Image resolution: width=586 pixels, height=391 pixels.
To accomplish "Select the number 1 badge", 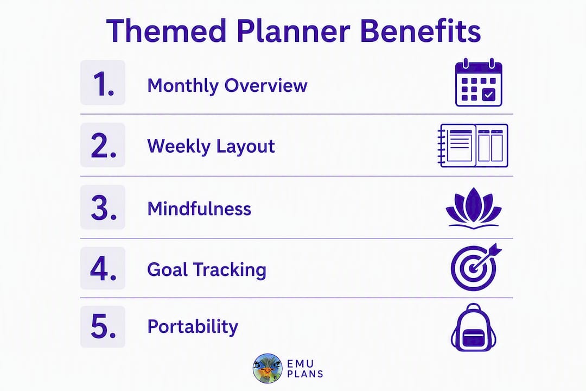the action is tap(103, 83).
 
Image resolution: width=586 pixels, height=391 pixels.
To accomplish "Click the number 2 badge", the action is tap(103, 145).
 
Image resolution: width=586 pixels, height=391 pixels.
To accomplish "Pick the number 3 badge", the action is tap(103, 207).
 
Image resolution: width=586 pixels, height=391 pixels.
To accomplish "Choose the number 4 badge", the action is tap(103, 268).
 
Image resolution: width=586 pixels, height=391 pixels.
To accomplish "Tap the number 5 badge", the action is tap(103, 326).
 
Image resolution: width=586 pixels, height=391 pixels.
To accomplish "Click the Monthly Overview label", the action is tap(227, 86).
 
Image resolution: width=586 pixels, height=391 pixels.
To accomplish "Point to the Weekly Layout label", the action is tap(211, 146).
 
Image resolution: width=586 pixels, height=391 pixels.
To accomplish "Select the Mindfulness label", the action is tap(199, 209).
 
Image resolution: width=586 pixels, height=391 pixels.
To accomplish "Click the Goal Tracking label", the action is tap(207, 270).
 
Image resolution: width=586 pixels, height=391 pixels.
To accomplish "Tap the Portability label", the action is tap(193, 327).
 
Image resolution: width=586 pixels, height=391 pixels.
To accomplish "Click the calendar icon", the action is tap(479, 83).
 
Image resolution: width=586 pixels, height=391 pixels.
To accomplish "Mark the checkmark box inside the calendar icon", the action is tap(489, 94).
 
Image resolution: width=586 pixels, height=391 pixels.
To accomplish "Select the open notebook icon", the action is tap(473, 146).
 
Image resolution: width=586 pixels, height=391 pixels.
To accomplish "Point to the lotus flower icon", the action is tap(474, 208).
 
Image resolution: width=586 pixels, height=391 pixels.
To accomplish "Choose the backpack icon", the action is tap(474, 327).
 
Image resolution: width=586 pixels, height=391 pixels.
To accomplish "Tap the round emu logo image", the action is tap(267, 369).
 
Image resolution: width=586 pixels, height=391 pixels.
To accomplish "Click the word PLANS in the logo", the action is tap(305, 374).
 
